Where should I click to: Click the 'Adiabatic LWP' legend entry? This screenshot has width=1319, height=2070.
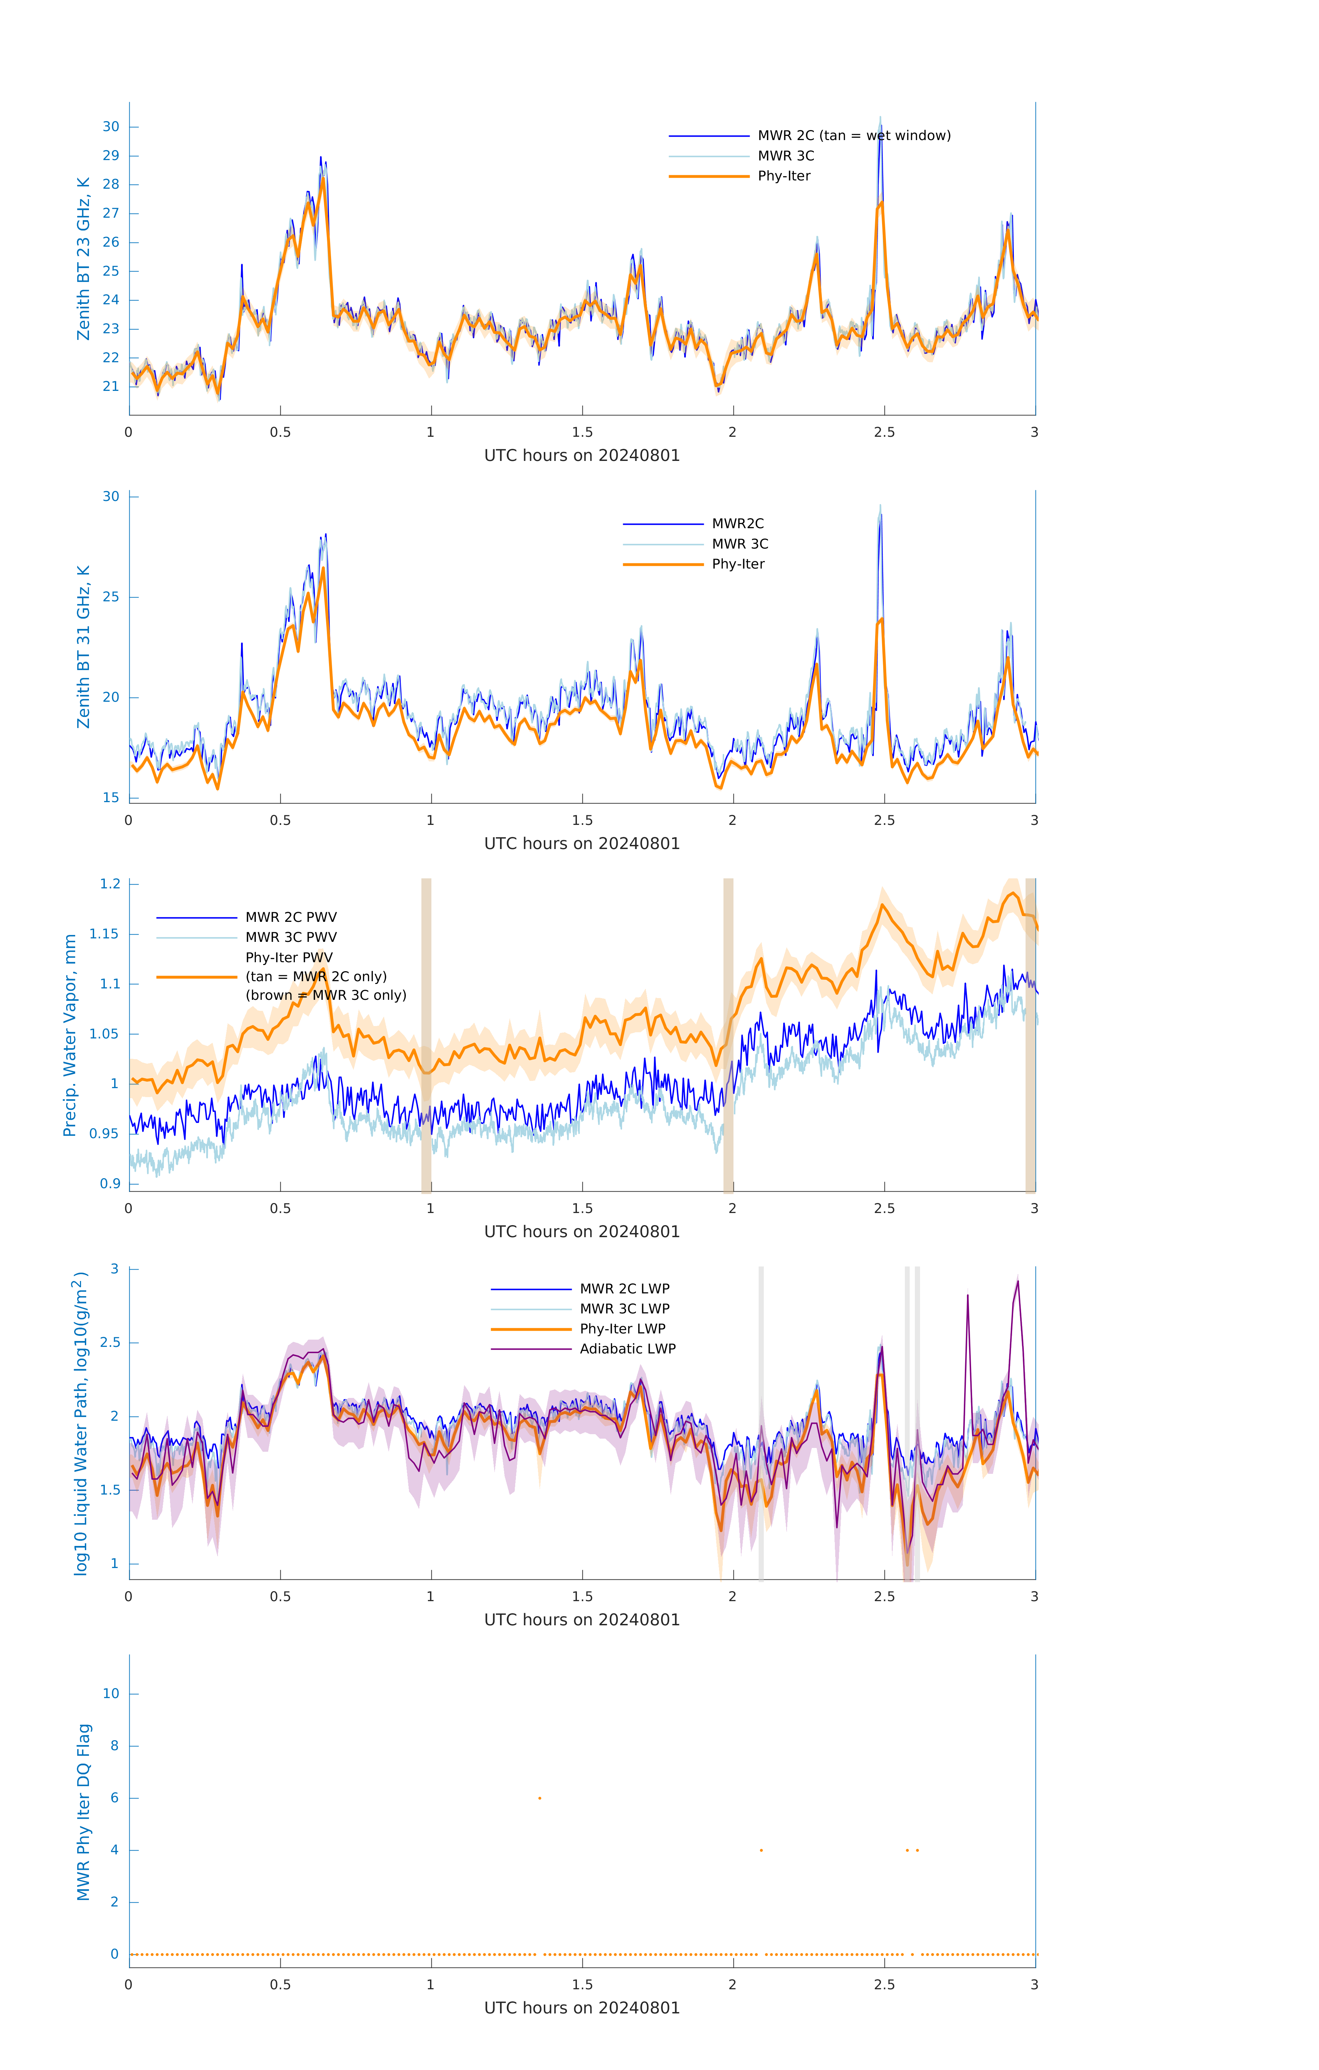pyautogui.click(x=627, y=1349)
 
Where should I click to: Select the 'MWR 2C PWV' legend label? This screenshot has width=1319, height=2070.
pyautogui.click(x=290, y=917)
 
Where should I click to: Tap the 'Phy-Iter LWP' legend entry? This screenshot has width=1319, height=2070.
pyautogui.click(x=622, y=1329)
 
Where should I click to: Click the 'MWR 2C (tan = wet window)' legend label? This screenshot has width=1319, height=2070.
pyautogui.click(x=853, y=136)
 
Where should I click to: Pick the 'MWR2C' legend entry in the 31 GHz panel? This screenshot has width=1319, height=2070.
pyautogui.click(x=737, y=523)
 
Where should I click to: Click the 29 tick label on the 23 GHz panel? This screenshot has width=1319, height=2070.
pyautogui.click(x=111, y=156)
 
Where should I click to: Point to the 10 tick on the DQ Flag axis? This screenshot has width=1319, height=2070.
pyautogui.click(x=111, y=1694)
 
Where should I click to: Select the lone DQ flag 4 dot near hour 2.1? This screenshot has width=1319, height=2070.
pyautogui.click(x=761, y=1850)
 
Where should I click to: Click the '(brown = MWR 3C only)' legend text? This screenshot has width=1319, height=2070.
pyautogui.click(x=326, y=995)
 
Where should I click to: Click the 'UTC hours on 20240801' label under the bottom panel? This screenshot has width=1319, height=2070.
pyautogui.click(x=582, y=2008)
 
